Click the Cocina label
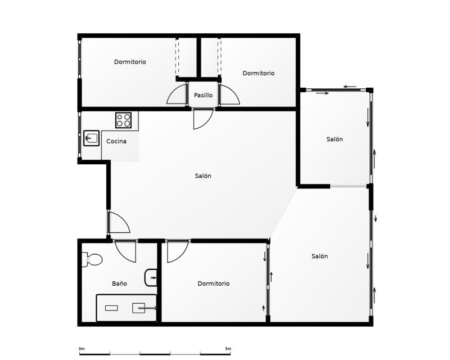pos(116,141)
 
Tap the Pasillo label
pos(203,95)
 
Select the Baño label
pos(119,283)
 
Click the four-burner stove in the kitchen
pos(123,120)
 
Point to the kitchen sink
pos(91,138)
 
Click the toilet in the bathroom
pos(92,259)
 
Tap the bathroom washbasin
pos(151,278)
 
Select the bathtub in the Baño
pos(126,308)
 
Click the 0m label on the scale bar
pos(82,349)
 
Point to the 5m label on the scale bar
pos(228,349)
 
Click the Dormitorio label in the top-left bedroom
pos(130,62)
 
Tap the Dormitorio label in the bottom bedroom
pos(214,283)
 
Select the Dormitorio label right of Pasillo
pos(259,73)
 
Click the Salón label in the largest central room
pos(203,175)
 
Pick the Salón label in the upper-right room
pos(335,139)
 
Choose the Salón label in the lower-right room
pos(319,256)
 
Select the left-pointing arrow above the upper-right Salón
pos(350,87)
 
